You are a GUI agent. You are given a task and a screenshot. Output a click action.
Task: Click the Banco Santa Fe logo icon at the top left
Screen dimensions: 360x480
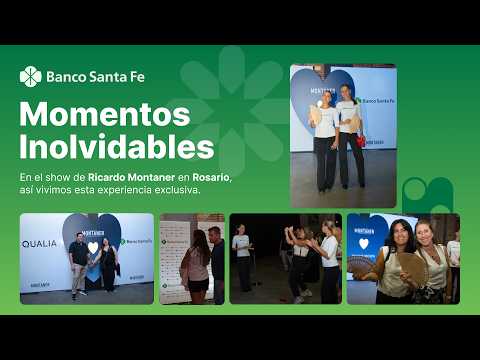(30, 76)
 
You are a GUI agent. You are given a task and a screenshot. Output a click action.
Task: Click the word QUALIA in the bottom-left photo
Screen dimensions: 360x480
(40, 243)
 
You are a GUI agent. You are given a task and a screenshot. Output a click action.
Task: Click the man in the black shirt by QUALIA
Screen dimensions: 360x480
(78, 263)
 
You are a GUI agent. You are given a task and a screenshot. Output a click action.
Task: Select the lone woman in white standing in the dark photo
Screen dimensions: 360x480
(242, 256)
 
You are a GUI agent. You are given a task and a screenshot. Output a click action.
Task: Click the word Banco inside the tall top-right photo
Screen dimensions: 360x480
(367, 101)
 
